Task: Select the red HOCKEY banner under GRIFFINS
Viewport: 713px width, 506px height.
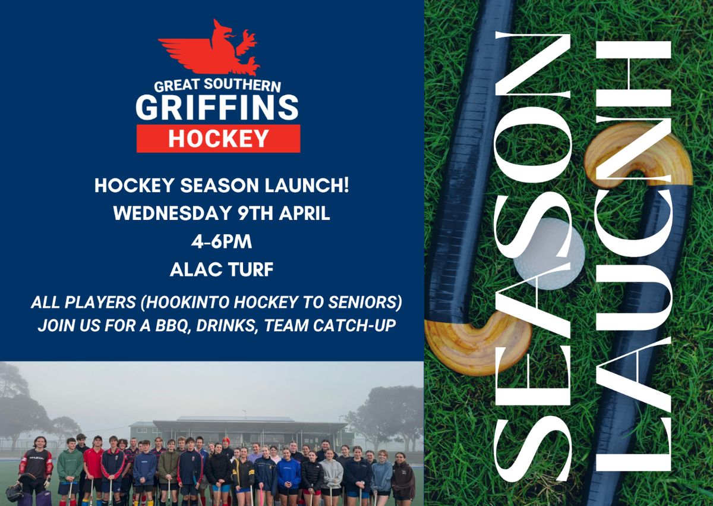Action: point(219,139)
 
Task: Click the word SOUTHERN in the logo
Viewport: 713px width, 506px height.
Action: point(242,85)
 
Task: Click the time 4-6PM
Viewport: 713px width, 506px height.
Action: point(222,241)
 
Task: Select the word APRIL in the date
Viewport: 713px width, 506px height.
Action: point(304,213)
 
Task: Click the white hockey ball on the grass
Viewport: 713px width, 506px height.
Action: point(549,254)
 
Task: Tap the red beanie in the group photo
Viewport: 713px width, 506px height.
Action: point(226,441)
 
